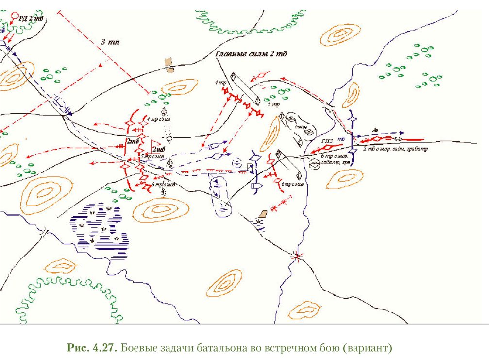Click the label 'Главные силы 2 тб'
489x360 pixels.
[x=251, y=54]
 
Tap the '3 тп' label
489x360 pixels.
[x=110, y=42]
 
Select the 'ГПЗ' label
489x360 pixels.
[x=327, y=141]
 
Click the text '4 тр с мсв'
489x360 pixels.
[x=158, y=119]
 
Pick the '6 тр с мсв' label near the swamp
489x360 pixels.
[x=160, y=185]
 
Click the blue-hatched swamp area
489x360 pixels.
[x=102, y=226]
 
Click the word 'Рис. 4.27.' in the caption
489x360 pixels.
[x=92, y=349]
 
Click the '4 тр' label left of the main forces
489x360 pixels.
[x=223, y=83]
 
